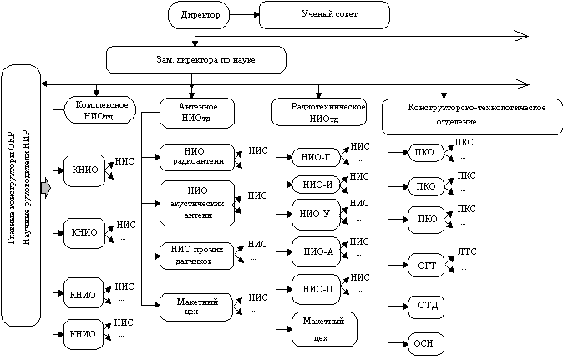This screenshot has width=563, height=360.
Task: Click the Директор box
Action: tap(195, 15)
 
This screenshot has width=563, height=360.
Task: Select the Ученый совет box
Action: tap(324, 15)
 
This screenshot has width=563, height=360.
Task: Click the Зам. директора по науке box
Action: tap(196, 60)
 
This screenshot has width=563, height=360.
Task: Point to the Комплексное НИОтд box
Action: tap(100, 110)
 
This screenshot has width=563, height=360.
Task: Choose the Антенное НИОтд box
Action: tap(199, 114)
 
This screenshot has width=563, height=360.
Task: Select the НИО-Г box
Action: tap(315, 156)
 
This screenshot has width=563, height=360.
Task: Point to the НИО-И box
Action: tap(315, 185)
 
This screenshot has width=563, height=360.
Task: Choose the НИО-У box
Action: tap(315, 215)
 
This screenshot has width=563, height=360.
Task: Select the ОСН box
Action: tap(424, 343)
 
